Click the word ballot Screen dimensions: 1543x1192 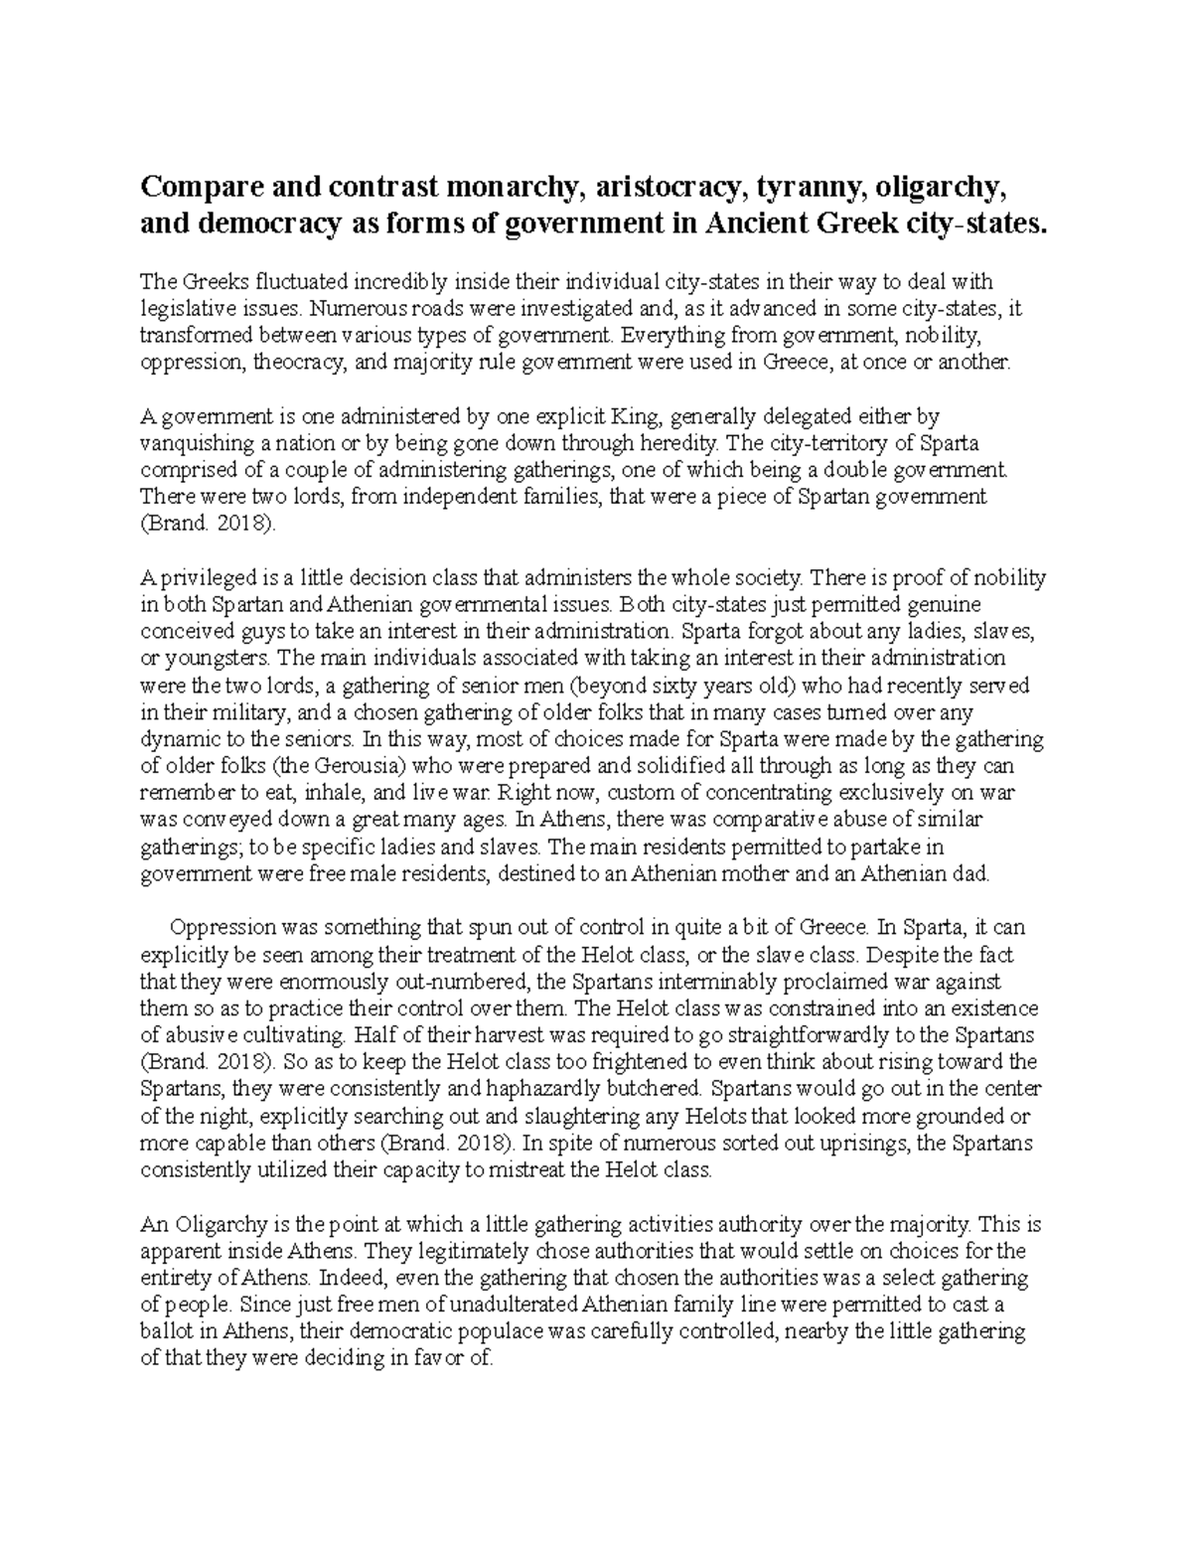coord(165,1330)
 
